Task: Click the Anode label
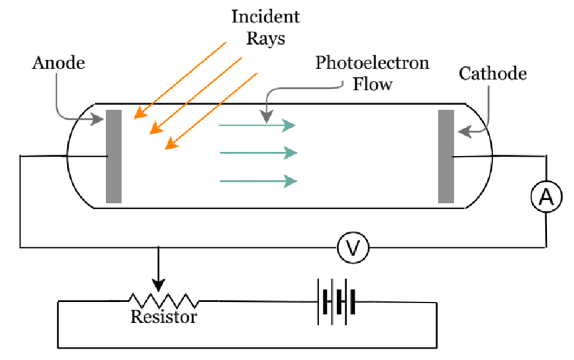59,63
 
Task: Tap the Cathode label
493,73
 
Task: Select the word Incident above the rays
265,16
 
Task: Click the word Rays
266,38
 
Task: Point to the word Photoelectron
372,63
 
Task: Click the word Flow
371,84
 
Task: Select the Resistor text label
164,317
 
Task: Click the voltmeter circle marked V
353,249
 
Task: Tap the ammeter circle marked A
545,197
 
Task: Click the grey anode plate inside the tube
113,156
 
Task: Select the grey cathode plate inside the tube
446,156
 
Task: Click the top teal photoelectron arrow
257,125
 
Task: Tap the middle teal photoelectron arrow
257,153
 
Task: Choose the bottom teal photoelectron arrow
257,180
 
